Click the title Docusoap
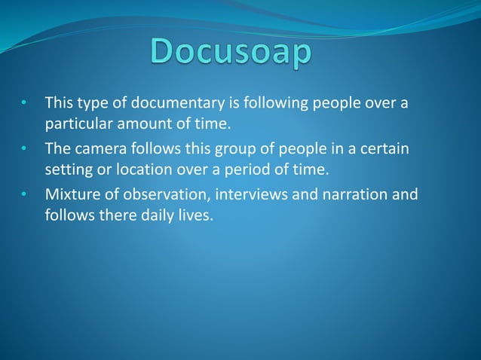click(231, 53)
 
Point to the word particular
click(76, 121)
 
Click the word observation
click(163, 195)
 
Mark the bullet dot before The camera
click(25, 149)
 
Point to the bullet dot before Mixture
click(25, 196)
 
